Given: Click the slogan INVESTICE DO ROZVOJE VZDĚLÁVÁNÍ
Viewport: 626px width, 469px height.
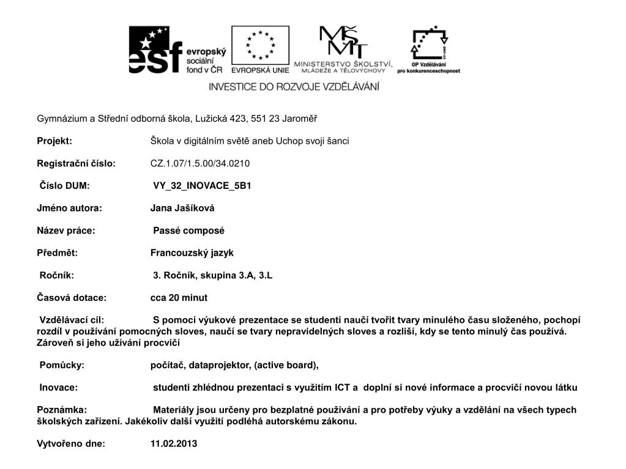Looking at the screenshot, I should pyautogui.click(x=294, y=87).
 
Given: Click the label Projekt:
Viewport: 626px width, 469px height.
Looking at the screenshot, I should pyautogui.click(x=54, y=141).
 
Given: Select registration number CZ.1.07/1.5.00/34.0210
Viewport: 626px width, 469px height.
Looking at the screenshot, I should pyautogui.click(x=200, y=163).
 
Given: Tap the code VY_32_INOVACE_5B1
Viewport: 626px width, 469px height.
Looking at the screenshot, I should pyautogui.click(x=202, y=186).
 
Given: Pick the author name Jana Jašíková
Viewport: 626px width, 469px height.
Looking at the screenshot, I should pyautogui.click(x=182, y=208).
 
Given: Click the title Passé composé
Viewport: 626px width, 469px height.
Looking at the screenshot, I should pyautogui.click(x=188, y=231).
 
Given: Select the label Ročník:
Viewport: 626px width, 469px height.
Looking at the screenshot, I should pyautogui.click(x=57, y=275).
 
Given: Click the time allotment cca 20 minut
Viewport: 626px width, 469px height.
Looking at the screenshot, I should pyautogui.click(x=179, y=298).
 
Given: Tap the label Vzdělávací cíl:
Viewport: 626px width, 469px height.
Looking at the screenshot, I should pyautogui.click(x=72, y=320).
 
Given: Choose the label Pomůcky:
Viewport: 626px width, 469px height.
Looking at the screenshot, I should pyautogui.click(x=62, y=365).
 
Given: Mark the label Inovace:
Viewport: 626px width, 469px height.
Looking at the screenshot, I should pyautogui.click(x=59, y=388).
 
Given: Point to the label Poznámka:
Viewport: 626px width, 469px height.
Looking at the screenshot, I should pyautogui.click(x=62, y=410).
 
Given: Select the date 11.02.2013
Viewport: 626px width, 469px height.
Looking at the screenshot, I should pyautogui.click(x=174, y=444).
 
